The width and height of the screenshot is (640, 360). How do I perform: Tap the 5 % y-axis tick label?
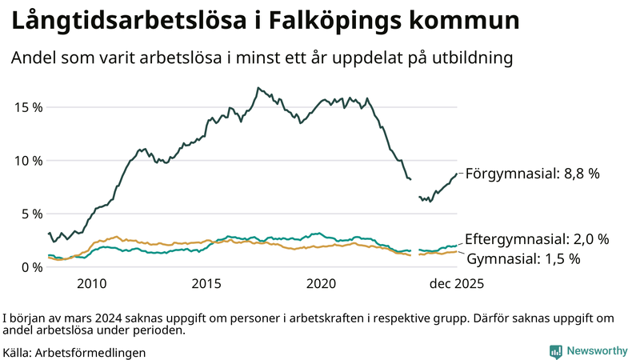click(30, 214)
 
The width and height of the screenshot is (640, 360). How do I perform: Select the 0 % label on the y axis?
click(30, 266)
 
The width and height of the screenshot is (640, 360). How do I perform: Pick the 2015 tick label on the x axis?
click(206, 284)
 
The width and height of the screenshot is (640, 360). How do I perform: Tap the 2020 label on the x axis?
click(322, 284)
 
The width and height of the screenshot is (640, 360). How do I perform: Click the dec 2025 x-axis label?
click(454, 284)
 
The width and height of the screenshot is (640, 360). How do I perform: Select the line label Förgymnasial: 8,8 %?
click(532, 173)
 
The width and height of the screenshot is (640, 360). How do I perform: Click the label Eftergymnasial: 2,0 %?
click(537, 239)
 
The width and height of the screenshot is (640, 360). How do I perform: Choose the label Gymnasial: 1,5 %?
click(522, 258)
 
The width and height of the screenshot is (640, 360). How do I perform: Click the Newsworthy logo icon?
click(555, 351)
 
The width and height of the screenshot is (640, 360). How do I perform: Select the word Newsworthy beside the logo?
click(598, 351)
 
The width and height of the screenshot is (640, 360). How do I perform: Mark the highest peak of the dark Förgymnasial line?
click(258, 87)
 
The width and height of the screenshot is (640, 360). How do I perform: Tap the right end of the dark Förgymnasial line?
click(457, 174)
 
